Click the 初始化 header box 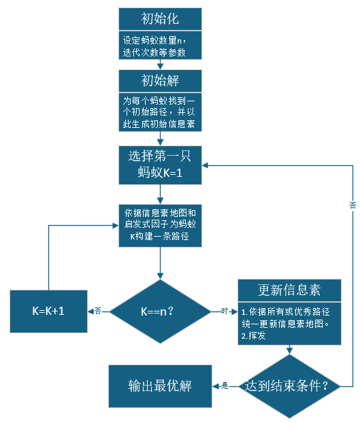160,18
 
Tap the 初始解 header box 160,80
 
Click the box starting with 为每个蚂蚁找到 160,112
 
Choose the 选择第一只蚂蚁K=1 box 160,165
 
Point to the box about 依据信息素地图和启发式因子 160,223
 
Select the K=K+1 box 48,311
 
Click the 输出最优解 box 160,386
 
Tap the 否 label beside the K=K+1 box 98,311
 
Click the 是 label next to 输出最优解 224,386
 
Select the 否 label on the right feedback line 353,204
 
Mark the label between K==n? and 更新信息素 224,311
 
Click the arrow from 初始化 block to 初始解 160,65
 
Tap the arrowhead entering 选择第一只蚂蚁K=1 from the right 206,165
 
